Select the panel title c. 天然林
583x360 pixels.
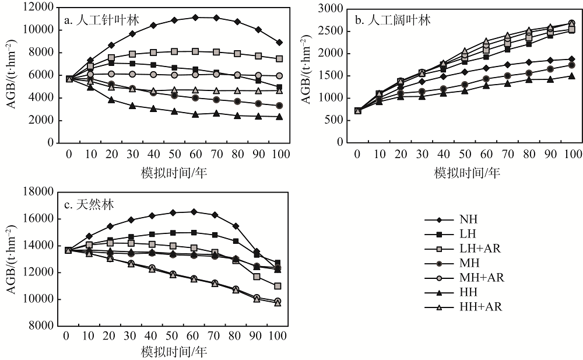tap(89, 205)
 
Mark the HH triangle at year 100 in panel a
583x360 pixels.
tap(279, 117)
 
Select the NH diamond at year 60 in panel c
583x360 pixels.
tap(194, 212)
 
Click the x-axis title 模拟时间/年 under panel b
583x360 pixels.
tap(466, 173)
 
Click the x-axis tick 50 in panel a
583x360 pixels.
tap(174, 154)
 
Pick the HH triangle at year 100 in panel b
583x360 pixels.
tap(571, 76)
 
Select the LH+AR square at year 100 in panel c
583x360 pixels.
tap(278, 286)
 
